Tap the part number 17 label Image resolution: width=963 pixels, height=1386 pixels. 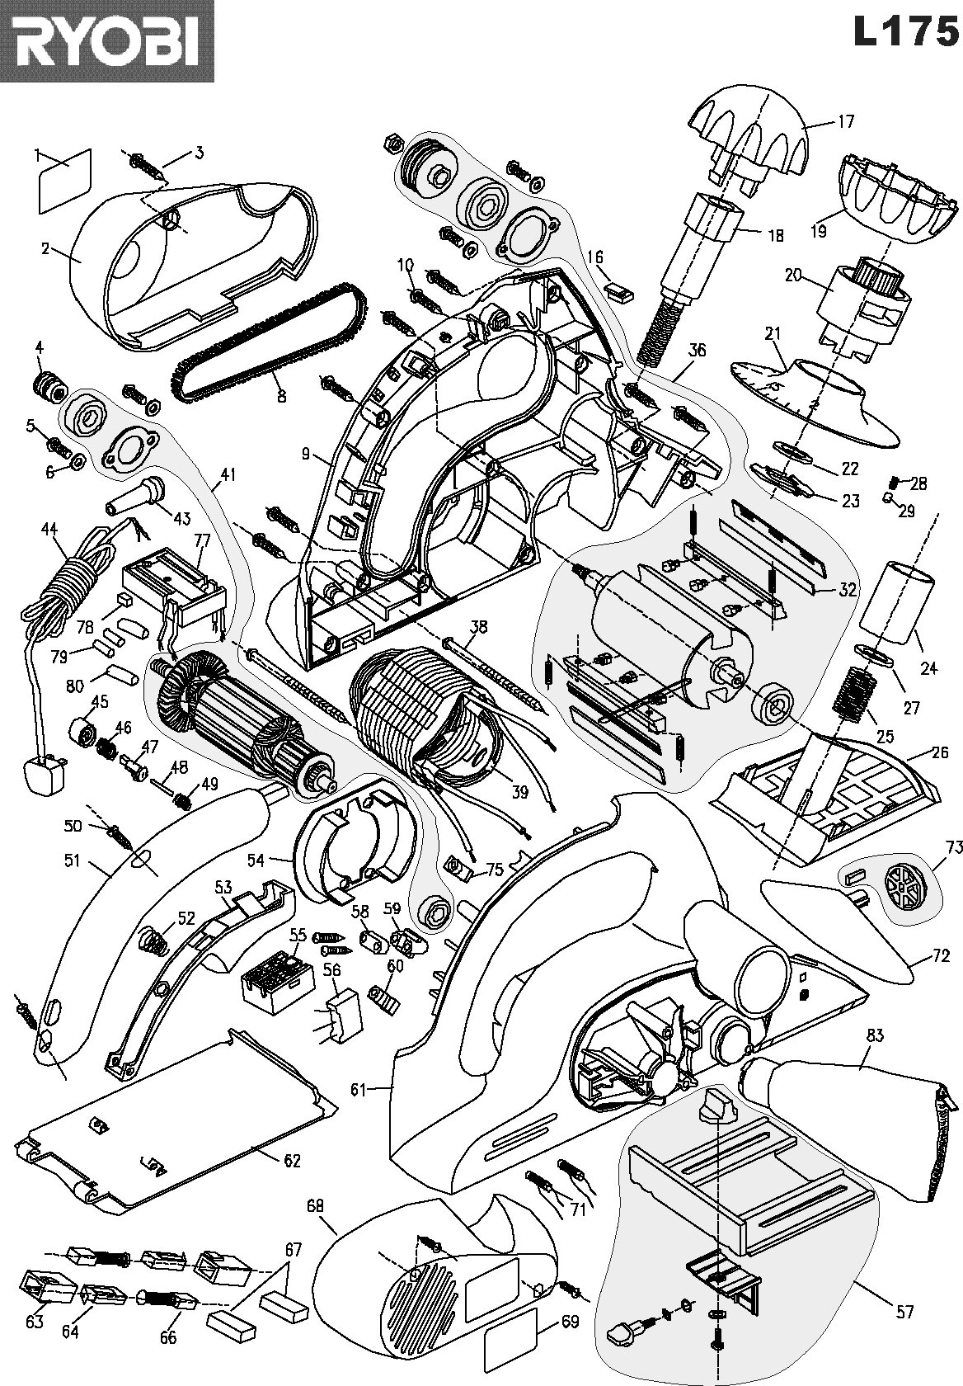[846, 121]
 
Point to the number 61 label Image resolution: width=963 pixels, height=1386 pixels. [357, 1090]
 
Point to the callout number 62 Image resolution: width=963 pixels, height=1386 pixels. [292, 1160]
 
